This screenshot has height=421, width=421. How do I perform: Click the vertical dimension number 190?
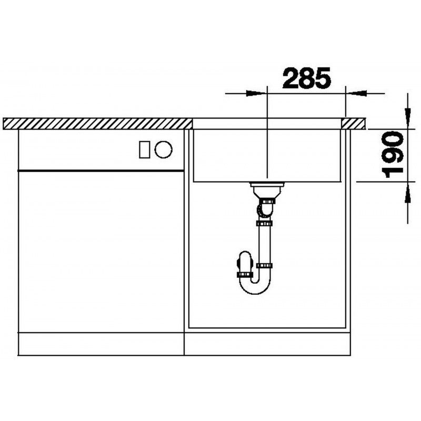click(x=393, y=154)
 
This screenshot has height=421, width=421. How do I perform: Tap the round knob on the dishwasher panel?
click(x=163, y=149)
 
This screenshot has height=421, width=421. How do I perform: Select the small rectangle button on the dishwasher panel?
click(x=144, y=149)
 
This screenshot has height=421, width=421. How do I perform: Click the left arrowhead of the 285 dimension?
click(x=257, y=94)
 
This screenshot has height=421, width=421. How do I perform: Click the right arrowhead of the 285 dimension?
click(x=356, y=94)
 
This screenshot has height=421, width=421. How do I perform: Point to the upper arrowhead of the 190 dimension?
click(x=408, y=118)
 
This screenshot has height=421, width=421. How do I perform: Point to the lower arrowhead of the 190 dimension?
click(x=408, y=193)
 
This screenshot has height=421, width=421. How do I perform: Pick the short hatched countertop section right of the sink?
click(x=353, y=124)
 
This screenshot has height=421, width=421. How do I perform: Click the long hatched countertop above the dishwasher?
click(x=97, y=124)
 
